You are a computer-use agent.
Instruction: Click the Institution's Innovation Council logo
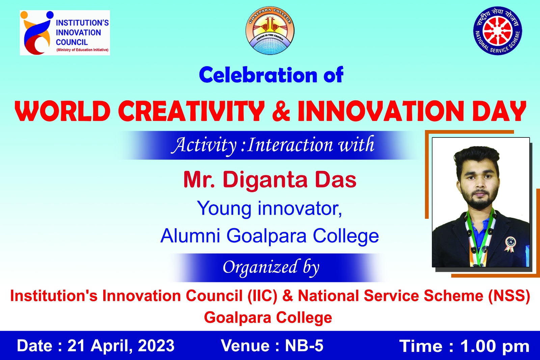tap(65, 32)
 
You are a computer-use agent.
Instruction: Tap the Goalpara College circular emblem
tap(270, 31)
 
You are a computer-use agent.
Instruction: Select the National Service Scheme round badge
tap(497, 31)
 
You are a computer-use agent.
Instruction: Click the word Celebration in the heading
tap(258, 75)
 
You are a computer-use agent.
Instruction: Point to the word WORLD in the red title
tap(63, 111)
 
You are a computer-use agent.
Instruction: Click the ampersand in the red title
tap(281, 111)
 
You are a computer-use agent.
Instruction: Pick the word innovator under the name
tap(300, 208)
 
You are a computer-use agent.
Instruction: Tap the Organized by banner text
tap(271, 267)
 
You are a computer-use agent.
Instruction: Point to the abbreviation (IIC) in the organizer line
tap(263, 295)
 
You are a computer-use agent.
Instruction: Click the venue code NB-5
tap(304, 345)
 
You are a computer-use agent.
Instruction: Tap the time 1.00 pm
tap(495, 346)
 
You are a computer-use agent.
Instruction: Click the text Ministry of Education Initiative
tap(82, 50)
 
